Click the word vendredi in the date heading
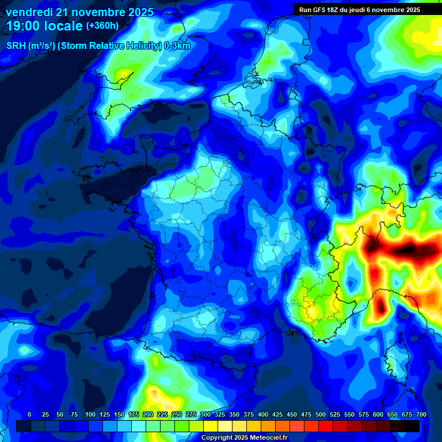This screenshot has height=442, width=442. coord(29,12)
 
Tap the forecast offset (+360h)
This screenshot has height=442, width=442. coord(102,26)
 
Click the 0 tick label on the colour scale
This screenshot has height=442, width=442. coord(29,414)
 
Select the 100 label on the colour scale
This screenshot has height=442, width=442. coord(90,414)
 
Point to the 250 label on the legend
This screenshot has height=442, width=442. coord(177,414)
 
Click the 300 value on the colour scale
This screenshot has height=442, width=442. coord(205,414)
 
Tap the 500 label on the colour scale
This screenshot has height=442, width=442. coord(321,414)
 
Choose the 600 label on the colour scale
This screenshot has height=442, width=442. coord(378,414)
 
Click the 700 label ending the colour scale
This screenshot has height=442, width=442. coord(421,414)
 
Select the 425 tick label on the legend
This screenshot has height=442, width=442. coord(277,414)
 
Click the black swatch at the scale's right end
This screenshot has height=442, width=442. coord(412,426)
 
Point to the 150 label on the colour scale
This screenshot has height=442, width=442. coord(119,414)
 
